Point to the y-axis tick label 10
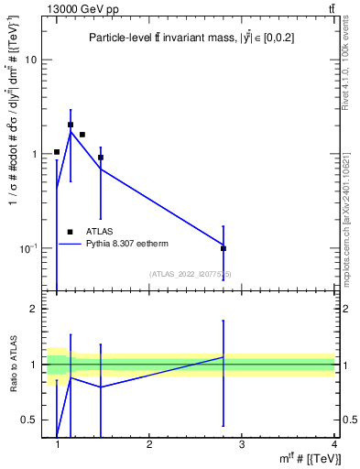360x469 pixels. (30, 60)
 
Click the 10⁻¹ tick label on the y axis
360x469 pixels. (27, 248)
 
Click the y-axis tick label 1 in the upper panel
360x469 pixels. (34, 154)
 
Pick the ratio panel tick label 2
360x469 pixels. (34, 309)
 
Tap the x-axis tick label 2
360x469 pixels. (149, 444)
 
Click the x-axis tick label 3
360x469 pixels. (242, 444)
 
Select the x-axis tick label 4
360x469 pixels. (333, 444)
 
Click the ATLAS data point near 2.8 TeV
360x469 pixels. (224, 248)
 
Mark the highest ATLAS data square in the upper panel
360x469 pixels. (71, 125)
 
